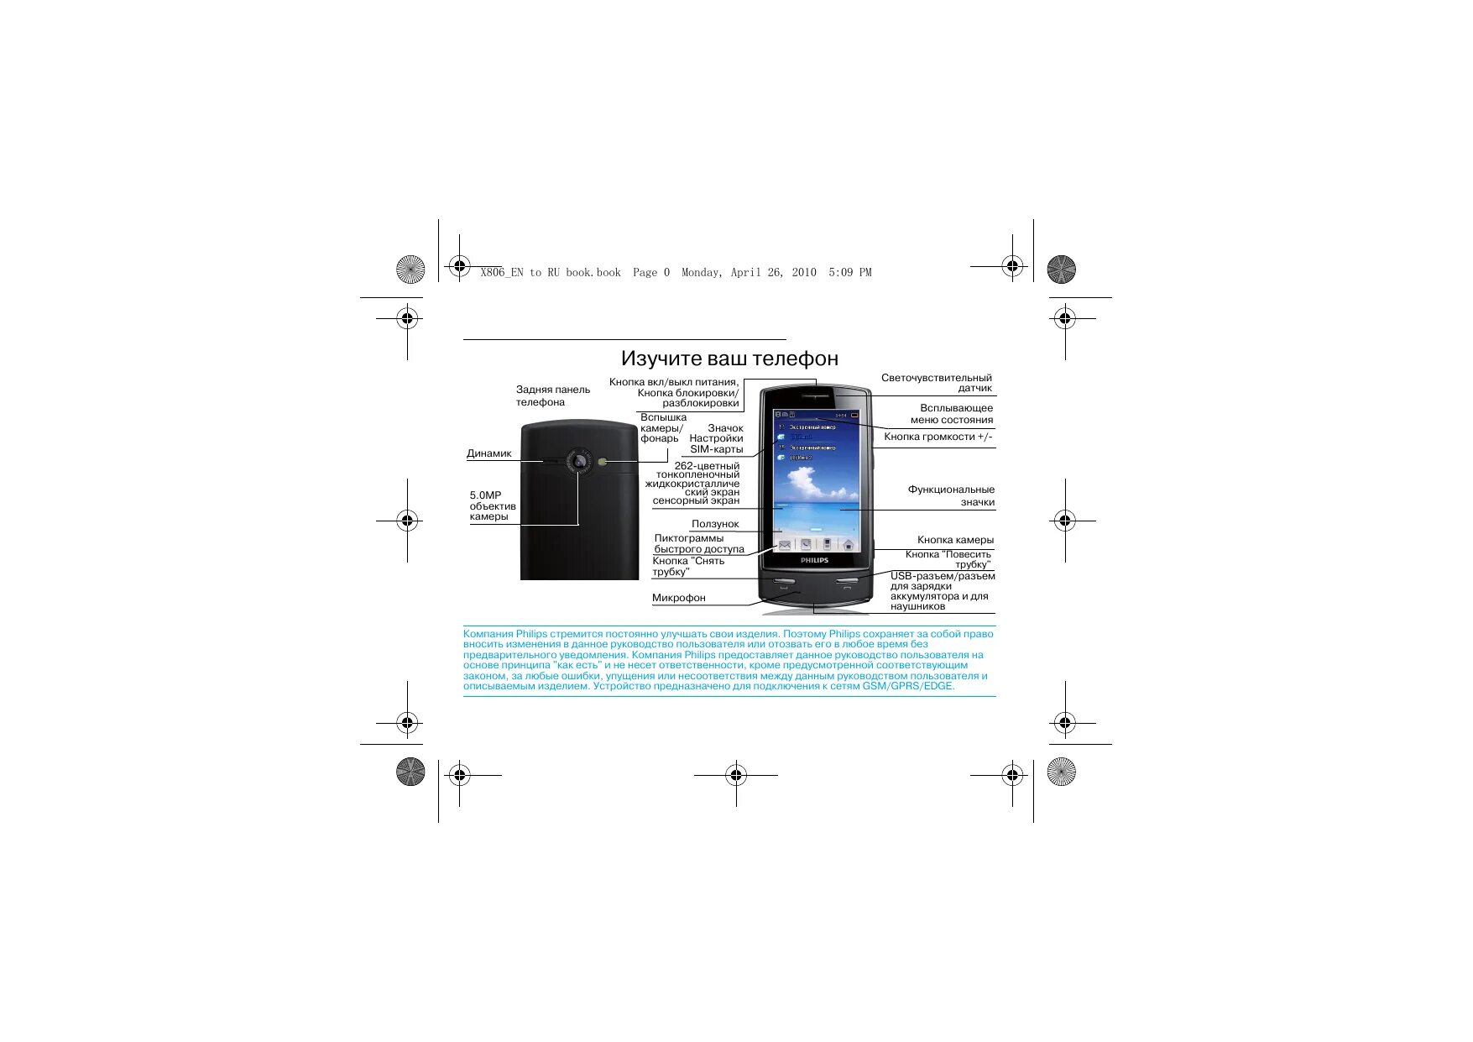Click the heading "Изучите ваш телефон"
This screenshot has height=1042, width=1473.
pyautogui.click(x=729, y=359)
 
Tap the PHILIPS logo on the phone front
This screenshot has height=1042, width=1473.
pyautogui.click(x=814, y=560)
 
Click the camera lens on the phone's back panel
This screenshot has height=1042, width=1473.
pyautogui.click(x=578, y=461)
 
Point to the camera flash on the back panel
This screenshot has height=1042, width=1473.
pyautogui.click(x=604, y=461)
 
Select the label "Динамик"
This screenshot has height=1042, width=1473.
pyautogui.click(x=488, y=453)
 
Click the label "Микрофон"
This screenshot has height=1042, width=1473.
pyautogui.click(x=678, y=598)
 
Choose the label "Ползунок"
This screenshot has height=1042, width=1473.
pyautogui.click(x=715, y=524)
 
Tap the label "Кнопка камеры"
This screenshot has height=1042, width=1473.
pyautogui.click(x=955, y=540)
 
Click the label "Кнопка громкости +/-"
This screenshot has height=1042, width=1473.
pyautogui.click(x=938, y=437)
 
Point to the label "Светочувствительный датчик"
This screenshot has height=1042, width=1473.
pyautogui.click(x=937, y=383)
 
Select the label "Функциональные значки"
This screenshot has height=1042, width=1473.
pyautogui.click(x=951, y=495)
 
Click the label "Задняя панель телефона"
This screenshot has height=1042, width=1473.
pyautogui.click(x=552, y=395)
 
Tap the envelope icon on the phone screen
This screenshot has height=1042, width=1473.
pyautogui.click(x=785, y=545)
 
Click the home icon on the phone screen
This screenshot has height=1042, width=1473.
pyautogui.click(x=849, y=545)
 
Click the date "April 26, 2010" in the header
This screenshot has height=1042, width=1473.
pyautogui.click(x=773, y=272)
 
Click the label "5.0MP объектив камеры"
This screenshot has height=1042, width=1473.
pyautogui.click(x=492, y=505)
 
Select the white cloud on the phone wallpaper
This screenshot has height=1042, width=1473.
pyautogui.click(x=803, y=482)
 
